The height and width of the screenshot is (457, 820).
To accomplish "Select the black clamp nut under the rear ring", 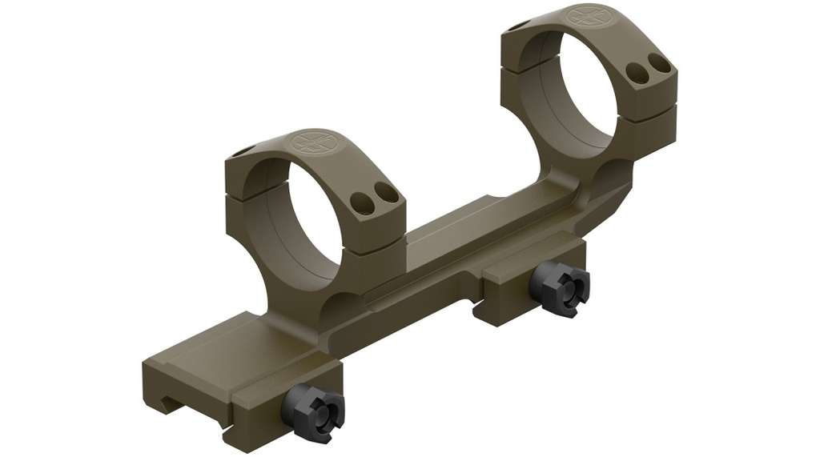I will coord(565,288).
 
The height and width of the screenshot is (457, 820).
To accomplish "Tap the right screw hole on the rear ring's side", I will coord(658,61).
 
